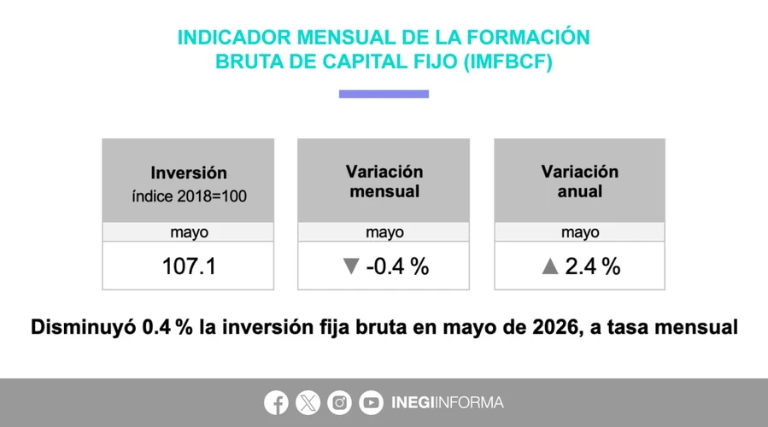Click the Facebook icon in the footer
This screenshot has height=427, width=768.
point(276,402)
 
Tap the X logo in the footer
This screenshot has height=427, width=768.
point(308,402)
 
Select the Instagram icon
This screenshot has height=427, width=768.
point(339,402)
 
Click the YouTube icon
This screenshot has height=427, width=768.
point(371,402)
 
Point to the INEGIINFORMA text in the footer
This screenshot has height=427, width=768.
point(447,402)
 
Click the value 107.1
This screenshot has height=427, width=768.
point(189,266)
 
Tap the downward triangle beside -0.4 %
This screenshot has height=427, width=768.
point(351,266)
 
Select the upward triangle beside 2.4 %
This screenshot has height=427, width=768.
point(550,266)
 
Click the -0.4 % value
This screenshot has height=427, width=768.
point(397,266)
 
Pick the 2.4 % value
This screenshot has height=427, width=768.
point(593,266)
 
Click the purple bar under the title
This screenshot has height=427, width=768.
point(384,94)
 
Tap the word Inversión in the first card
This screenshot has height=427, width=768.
point(189,173)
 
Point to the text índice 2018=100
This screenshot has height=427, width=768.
point(189,196)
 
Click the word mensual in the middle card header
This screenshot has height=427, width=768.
point(384,191)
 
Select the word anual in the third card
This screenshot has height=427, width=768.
point(580,191)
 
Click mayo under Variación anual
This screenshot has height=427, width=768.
point(580,232)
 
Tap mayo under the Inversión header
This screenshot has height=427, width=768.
point(189,232)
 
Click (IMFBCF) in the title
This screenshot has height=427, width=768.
point(508,61)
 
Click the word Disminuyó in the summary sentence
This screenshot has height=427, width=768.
point(83,327)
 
